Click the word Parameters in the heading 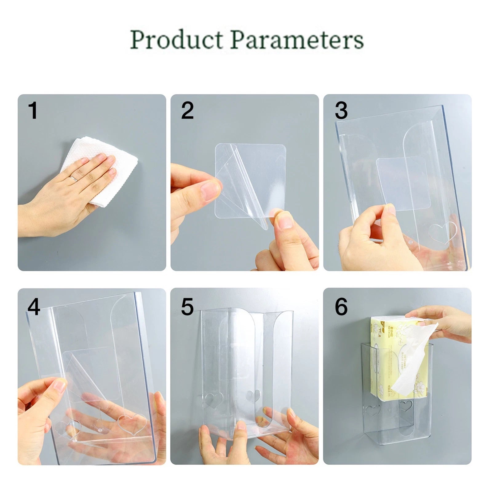click(297, 40)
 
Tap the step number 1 click(33, 110)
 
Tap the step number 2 click(187, 110)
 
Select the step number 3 click(341, 110)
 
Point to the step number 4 click(34, 307)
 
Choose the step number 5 click(187, 307)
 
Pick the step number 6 click(341, 307)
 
